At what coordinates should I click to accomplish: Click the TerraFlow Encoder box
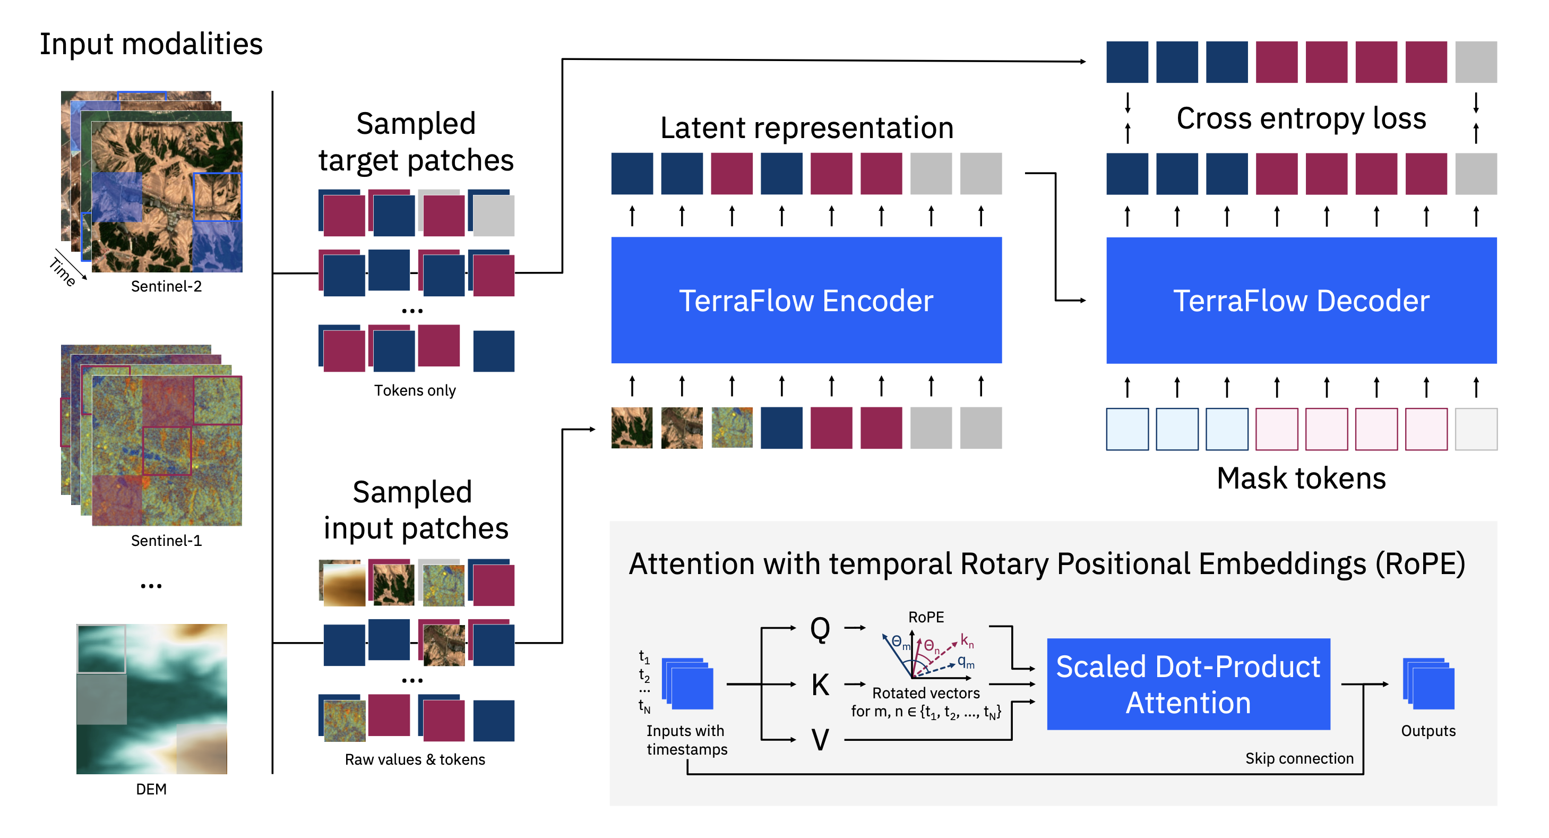806,300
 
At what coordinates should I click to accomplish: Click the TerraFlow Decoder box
1301,300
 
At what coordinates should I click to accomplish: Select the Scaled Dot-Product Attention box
1187,684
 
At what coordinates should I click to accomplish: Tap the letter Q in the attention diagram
820,629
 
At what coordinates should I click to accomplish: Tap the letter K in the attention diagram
820,685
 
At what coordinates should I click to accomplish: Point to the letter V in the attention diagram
820,739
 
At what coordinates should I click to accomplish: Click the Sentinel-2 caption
166,286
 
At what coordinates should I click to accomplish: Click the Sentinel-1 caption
166,541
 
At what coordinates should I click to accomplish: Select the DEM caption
151,789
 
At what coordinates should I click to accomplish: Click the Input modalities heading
151,44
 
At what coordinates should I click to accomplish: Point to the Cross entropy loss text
1301,118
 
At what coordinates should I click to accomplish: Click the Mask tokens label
1301,478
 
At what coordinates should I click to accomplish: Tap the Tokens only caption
415,390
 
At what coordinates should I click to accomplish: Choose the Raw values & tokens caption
415,759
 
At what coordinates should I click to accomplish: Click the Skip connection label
1299,758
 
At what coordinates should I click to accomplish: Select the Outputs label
1427,731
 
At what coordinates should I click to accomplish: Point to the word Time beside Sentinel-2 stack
63,271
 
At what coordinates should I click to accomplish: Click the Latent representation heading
806,127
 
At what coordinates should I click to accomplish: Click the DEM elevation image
151,698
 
